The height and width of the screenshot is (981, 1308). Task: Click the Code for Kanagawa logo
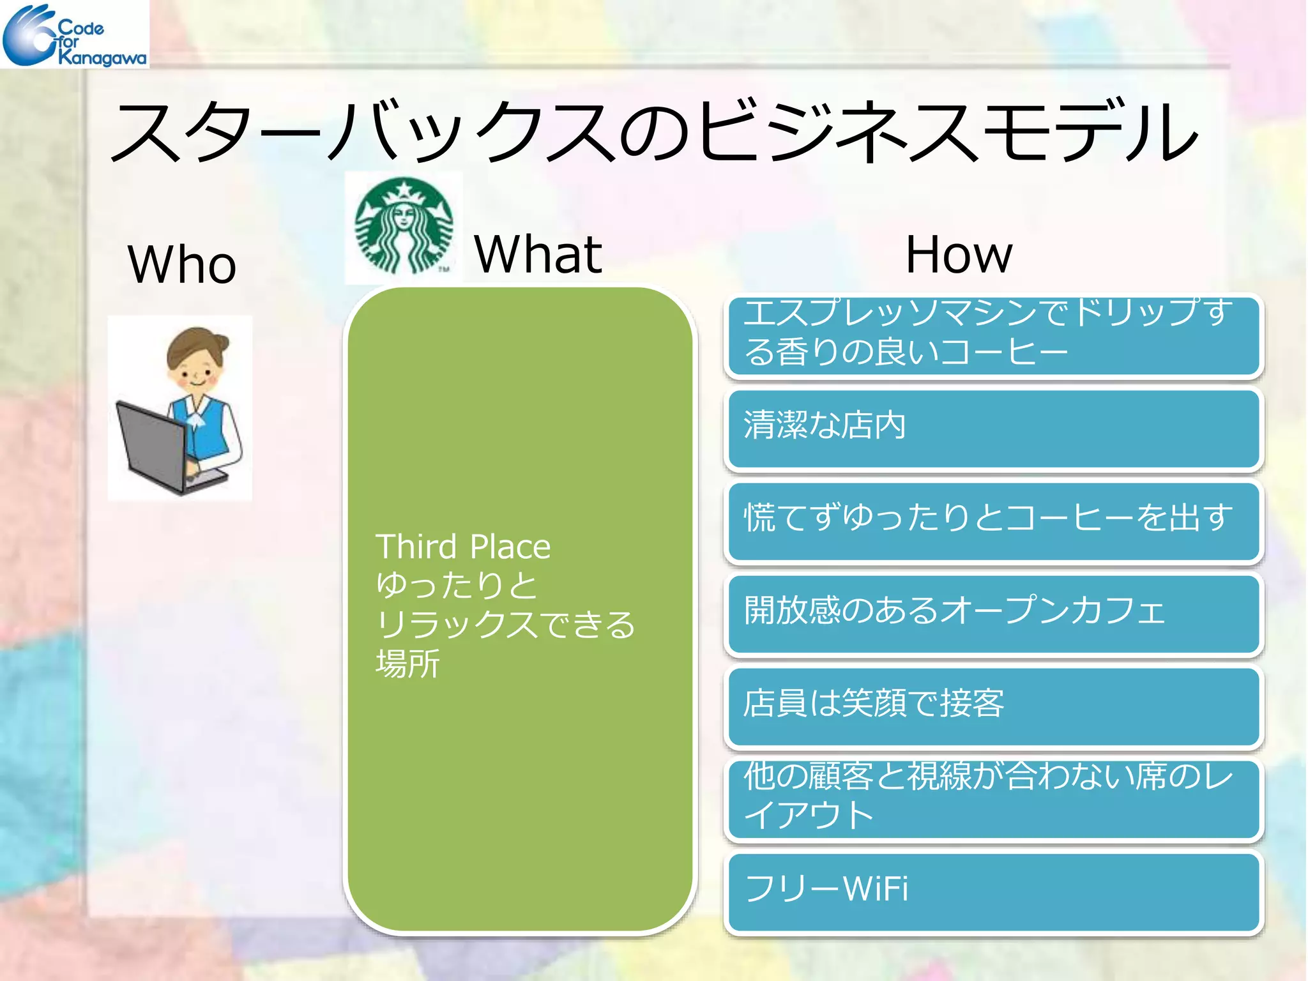(74, 34)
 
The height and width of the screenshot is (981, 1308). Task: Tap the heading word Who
(182, 264)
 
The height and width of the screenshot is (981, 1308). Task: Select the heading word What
(538, 254)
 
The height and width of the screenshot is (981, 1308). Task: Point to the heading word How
(959, 254)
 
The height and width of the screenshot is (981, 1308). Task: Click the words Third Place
(463, 547)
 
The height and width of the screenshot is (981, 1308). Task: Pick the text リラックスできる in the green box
(505, 624)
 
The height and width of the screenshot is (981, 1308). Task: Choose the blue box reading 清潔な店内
(994, 428)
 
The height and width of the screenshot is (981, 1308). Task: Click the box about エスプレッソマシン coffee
(994, 335)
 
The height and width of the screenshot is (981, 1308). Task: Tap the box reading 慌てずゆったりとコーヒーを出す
(994, 521)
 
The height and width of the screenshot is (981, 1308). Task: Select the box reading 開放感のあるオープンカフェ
(994, 613)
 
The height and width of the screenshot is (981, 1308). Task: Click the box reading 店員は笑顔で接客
(994, 706)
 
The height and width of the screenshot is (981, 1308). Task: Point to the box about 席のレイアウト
(994, 798)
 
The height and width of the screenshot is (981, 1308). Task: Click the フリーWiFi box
(994, 891)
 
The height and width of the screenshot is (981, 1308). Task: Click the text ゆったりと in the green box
(457, 585)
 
